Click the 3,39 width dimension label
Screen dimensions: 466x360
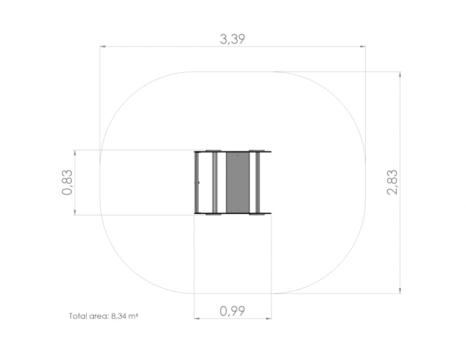232,39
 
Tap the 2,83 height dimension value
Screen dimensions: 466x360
392,182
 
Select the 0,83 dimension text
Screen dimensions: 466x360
67,182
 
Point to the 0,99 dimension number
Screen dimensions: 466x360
232,311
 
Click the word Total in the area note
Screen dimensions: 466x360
78,316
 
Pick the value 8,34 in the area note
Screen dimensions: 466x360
119,316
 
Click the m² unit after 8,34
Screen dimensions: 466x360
133,316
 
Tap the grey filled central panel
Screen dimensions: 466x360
238,182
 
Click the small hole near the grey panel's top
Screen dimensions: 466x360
238,156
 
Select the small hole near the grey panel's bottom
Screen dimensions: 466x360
238,209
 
